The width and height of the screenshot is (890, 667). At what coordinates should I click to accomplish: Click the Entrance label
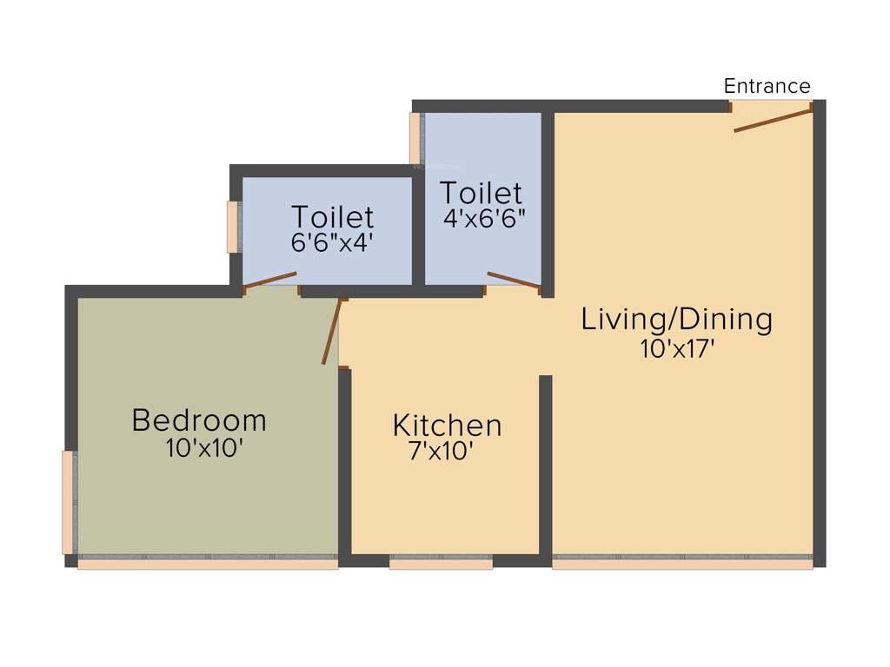click(767, 86)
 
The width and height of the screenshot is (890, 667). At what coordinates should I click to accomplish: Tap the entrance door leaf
click(773, 119)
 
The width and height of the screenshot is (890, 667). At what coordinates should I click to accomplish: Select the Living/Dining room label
click(676, 320)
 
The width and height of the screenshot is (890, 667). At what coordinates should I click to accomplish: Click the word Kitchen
click(447, 426)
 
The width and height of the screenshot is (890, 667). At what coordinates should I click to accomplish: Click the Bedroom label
click(199, 420)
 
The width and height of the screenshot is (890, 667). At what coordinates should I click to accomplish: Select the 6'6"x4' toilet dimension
click(332, 241)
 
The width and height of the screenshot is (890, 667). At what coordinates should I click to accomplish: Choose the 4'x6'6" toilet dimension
click(484, 218)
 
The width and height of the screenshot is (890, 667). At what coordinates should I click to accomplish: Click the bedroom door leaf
click(330, 332)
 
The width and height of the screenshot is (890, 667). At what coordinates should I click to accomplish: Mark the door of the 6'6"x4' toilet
click(269, 280)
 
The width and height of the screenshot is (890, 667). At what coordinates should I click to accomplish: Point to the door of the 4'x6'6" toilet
click(514, 279)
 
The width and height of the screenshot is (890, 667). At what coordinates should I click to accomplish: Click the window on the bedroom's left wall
click(68, 502)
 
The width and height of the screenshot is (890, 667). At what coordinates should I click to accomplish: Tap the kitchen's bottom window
click(441, 564)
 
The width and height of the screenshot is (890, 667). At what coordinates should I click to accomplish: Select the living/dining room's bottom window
click(682, 564)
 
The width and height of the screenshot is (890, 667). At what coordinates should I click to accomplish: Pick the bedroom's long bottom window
click(208, 564)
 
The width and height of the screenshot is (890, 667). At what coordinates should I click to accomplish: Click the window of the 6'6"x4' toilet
click(232, 227)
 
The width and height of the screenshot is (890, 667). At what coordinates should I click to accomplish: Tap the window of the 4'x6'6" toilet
click(415, 138)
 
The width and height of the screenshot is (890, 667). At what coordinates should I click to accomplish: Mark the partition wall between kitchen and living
click(546, 465)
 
